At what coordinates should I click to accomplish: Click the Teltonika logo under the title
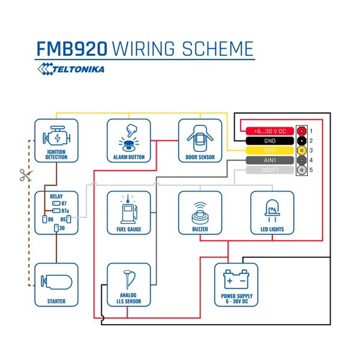[71, 69]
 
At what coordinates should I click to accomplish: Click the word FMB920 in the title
[73, 49]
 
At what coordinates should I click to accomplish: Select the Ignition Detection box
[56, 140]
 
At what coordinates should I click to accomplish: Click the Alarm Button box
[129, 140]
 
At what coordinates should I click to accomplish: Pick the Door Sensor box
[200, 140]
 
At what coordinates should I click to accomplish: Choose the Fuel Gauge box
[129, 212]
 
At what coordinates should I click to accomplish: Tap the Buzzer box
[200, 212]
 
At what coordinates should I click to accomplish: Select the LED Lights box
[272, 212]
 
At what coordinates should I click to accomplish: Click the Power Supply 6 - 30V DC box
[236, 284]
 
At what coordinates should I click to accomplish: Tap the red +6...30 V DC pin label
[265, 130]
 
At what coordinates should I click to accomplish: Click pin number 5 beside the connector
[311, 170]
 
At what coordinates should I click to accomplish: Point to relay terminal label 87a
[65, 211]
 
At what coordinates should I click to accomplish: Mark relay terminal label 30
[62, 228]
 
